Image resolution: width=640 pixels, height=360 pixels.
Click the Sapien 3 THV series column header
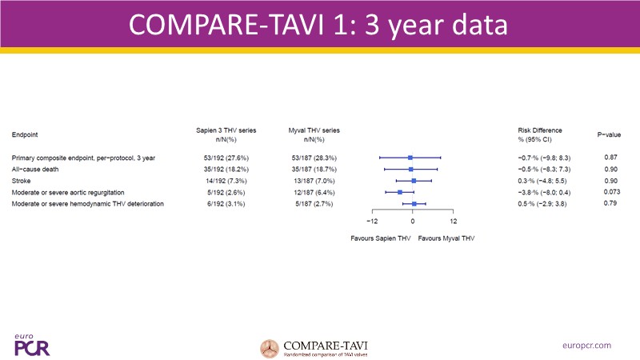[225, 134]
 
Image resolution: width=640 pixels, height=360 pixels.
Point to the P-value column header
[610, 134]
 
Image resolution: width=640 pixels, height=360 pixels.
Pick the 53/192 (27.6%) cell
[225, 158]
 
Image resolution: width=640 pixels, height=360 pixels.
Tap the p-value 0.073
[610, 192]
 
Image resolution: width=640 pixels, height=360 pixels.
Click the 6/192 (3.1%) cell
[225, 204]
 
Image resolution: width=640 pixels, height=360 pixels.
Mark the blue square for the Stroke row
[414, 181]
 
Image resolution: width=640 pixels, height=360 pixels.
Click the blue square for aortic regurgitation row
[400, 192]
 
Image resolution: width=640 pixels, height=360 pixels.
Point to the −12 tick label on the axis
[372, 221]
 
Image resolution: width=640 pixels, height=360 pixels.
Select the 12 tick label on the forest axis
[454, 221]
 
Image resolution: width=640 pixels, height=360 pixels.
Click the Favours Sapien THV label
[380, 238]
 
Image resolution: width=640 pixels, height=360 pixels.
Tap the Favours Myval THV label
[446, 238]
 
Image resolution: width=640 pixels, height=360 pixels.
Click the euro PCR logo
[26, 344]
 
